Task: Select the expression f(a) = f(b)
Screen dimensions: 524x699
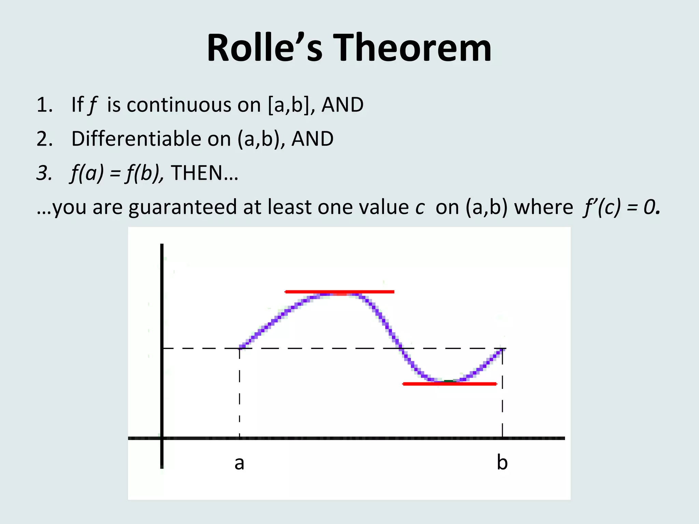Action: [x=116, y=173]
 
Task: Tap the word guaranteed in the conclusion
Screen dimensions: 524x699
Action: [x=183, y=207]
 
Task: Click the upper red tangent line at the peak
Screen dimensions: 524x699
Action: [x=339, y=292]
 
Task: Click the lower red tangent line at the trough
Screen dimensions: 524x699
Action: [x=450, y=384]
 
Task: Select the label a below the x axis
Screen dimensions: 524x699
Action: [x=239, y=463]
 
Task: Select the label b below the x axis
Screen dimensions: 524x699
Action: [x=502, y=463]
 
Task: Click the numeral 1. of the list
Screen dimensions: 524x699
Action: [x=45, y=105]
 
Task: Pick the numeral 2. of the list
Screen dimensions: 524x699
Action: [x=45, y=139]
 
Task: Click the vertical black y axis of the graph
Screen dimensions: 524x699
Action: [x=162, y=341]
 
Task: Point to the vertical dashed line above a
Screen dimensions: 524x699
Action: [x=240, y=392]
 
